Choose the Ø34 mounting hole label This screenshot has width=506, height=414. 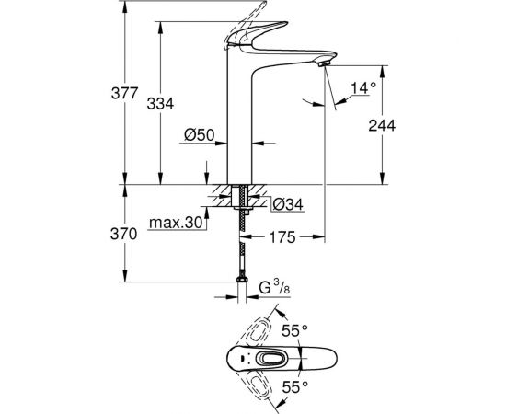(x=287, y=202)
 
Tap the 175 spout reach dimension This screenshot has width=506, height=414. (x=282, y=237)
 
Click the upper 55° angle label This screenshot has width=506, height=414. (x=294, y=329)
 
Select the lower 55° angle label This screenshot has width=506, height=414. (x=294, y=385)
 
